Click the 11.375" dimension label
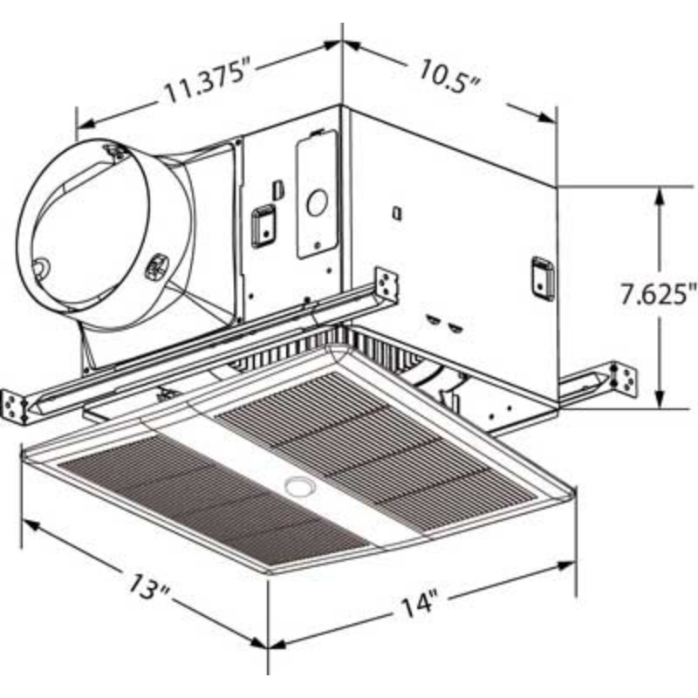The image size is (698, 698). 208,85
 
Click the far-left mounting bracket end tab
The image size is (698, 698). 17,404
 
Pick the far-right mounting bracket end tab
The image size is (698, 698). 622,377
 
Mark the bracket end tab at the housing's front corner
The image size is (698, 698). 386,284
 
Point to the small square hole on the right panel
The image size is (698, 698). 397,212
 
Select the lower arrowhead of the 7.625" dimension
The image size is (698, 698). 661,400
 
